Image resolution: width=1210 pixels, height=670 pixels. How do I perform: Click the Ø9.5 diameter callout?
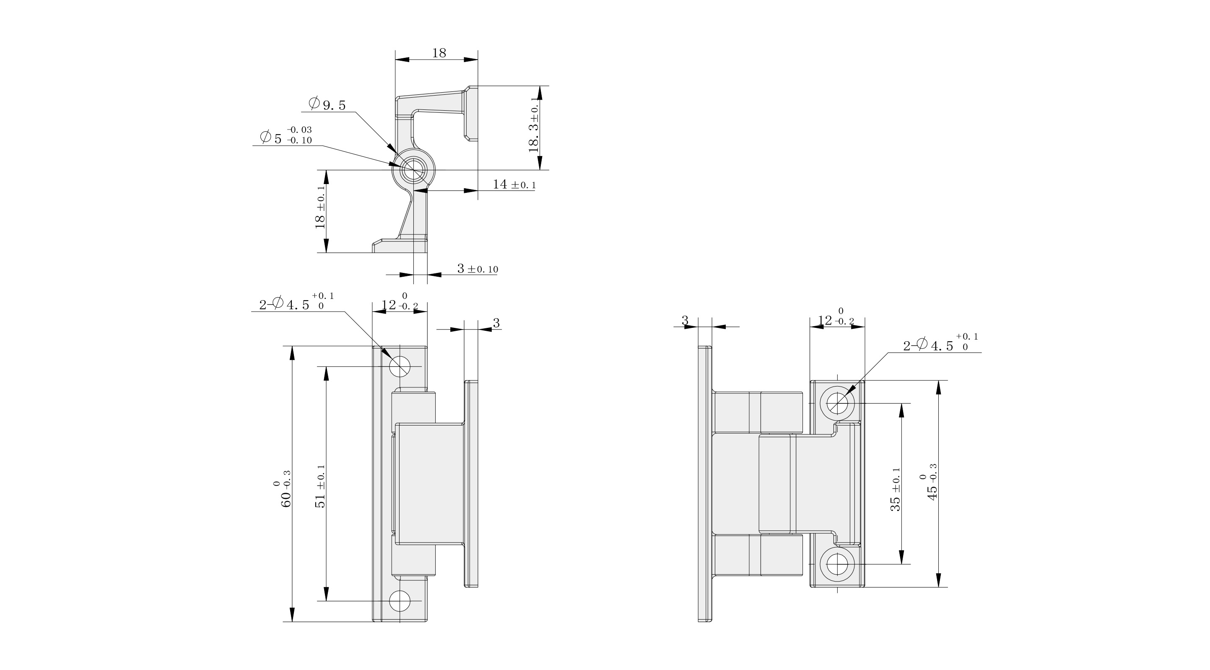coord(327,104)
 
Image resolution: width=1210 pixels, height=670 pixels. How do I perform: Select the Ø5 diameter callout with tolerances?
coord(286,135)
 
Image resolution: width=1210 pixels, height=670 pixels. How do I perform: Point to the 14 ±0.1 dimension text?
coord(514,184)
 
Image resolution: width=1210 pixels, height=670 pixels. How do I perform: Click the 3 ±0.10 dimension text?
coord(478,269)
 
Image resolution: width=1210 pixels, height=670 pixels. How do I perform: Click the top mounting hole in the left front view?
coord(400,366)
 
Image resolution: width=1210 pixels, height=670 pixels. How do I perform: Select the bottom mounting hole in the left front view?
coord(400,601)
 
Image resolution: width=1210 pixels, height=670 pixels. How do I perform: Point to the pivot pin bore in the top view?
coord(413,170)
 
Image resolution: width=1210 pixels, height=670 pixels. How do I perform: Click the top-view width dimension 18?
coord(439,53)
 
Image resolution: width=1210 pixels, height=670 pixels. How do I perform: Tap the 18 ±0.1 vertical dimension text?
coord(321,207)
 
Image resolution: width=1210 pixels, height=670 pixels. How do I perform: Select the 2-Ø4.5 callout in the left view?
coord(297,302)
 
